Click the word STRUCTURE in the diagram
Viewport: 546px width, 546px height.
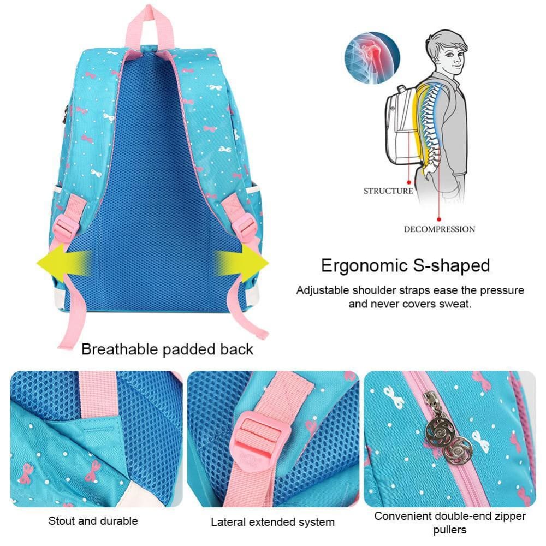(x=388, y=191)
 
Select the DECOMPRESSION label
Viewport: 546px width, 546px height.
(x=439, y=229)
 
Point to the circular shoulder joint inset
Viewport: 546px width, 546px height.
(x=372, y=57)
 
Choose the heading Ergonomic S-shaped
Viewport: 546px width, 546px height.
(x=405, y=266)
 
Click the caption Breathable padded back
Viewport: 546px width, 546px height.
(x=168, y=349)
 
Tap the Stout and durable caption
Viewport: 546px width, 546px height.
(x=93, y=521)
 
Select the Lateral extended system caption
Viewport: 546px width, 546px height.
(x=272, y=522)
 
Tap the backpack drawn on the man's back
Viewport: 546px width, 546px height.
(x=405, y=123)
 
